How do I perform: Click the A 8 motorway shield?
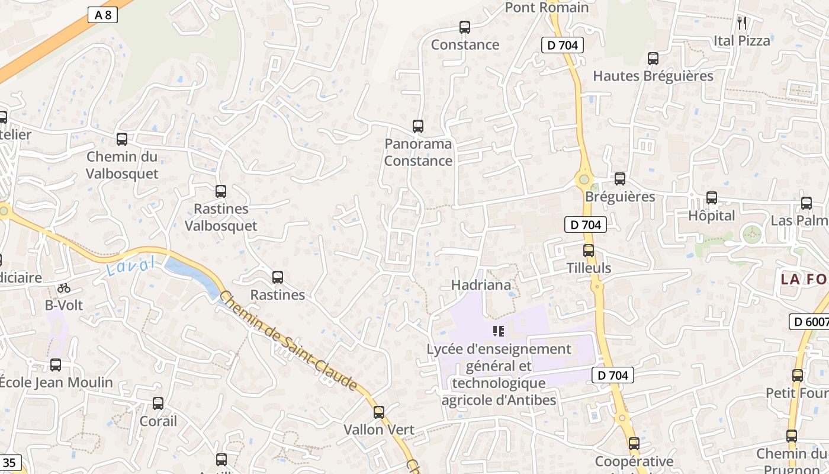point(103,15)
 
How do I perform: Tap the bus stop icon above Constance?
point(465,27)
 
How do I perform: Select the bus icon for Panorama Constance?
point(418,126)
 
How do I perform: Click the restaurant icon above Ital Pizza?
point(742,23)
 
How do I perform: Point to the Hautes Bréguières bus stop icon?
point(653,59)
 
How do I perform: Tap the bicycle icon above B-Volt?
point(64,288)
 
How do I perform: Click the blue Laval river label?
point(131,265)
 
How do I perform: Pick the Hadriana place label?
point(481,285)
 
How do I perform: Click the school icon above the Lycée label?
point(499,331)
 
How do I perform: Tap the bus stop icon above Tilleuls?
point(589,251)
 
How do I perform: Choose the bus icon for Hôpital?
point(712,198)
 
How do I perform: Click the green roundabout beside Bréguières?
point(584,179)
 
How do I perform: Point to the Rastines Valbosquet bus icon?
point(221,191)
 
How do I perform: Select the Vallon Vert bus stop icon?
point(379,412)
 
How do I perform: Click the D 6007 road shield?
point(809,322)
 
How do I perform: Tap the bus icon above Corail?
point(158,403)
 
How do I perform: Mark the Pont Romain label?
point(547,8)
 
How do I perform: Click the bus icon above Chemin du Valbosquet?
point(122,139)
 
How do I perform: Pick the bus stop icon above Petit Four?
point(798,376)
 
